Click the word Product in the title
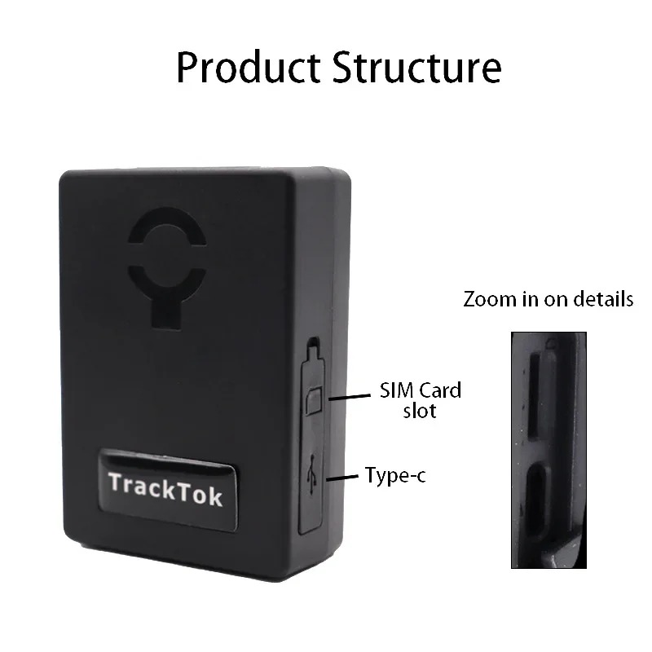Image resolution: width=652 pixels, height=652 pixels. pyautogui.click(x=249, y=68)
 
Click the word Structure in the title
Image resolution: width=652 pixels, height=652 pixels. pyautogui.click(x=417, y=68)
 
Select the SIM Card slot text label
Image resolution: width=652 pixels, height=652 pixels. pyautogui.click(x=421, y=400)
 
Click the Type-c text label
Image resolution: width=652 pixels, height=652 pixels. pyautogui.click(x=395, y=475)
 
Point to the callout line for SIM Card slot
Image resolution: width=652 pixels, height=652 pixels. pyautogui.click(x=350, y=398)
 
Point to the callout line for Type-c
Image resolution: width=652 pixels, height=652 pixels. pyautogui.click(x=342, y=478)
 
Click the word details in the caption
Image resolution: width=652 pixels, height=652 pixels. pyautogui.click(x=603, y=299)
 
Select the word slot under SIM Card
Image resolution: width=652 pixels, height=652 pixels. pyautogui.click(x=420, y=411)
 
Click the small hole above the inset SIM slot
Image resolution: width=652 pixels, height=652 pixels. pyautogui.click(x=552, y=344)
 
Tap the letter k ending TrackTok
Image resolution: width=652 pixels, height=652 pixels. pyautogui.click(x=216, y=496)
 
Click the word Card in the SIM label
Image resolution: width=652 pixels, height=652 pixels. pyautogui.click(x=440, y=390)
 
